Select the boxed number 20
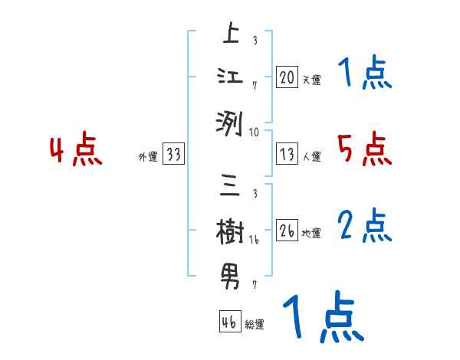tap(287, 77)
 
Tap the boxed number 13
tap(287, 155)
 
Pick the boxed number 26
tap(287, 231)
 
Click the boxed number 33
tap(173, 155)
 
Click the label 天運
tap(311, 80)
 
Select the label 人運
tap(311, 157)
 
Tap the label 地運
tap(311, 234)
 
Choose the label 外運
tap(147, 157)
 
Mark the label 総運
tap(255, 325)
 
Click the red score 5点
tap(364, 149)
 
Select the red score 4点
tap(76, 150)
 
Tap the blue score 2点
tap(364, 225)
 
